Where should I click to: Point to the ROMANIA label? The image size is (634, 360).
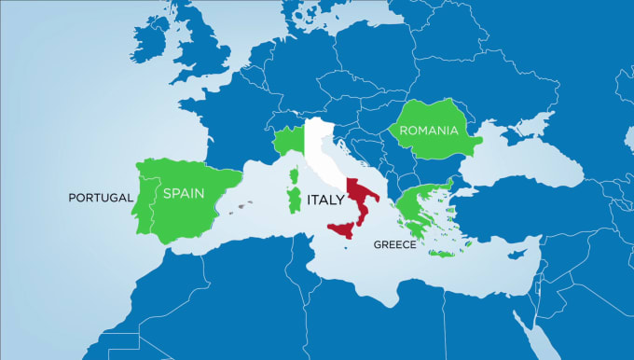(x=429, y=132)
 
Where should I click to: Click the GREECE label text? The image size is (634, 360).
(x=393, y=244)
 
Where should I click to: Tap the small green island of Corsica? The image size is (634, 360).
(x=295, y=176)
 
